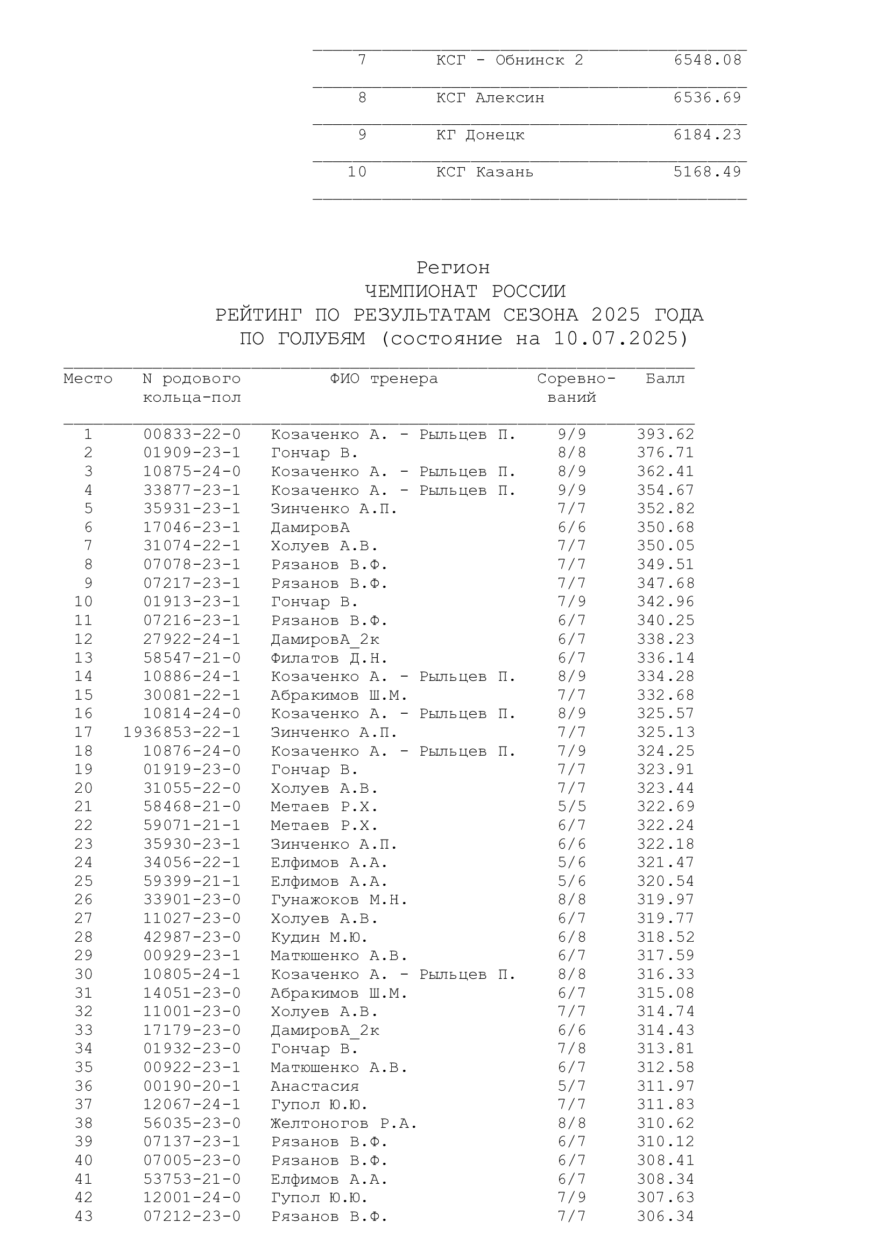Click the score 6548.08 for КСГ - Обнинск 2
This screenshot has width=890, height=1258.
[x=707, y=60]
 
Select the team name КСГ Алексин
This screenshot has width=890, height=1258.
[x=490, y=98]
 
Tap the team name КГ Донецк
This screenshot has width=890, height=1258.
[x=480, y=135]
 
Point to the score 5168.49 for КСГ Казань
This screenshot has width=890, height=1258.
[x=707, y=172]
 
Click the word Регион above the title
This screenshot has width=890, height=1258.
[x=453, y=268]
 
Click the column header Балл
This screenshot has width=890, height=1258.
[x=665, y=379]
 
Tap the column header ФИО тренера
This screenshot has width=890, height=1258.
[x=384, y=379]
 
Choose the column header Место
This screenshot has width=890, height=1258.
[x=88, y=379]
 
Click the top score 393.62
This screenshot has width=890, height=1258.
[x=665, y=435]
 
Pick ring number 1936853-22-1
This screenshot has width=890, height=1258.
[x=182, y=733]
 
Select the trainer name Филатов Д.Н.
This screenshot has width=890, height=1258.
[x=329, y=658]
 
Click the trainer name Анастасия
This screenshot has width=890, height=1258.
[x=315, y=1086]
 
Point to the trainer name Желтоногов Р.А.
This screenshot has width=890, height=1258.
[x=344, y=1124]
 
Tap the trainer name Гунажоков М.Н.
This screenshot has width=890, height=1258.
[x=338, y=900]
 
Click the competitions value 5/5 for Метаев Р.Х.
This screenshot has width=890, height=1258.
[x=571, y=807]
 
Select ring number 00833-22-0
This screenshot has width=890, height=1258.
[x=192, y=435]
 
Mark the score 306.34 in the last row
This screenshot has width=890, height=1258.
[x=665, y=1217]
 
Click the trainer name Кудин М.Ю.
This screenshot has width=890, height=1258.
[x=319, y=937]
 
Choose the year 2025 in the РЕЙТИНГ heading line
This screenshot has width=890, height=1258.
[x=616, y=315]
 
